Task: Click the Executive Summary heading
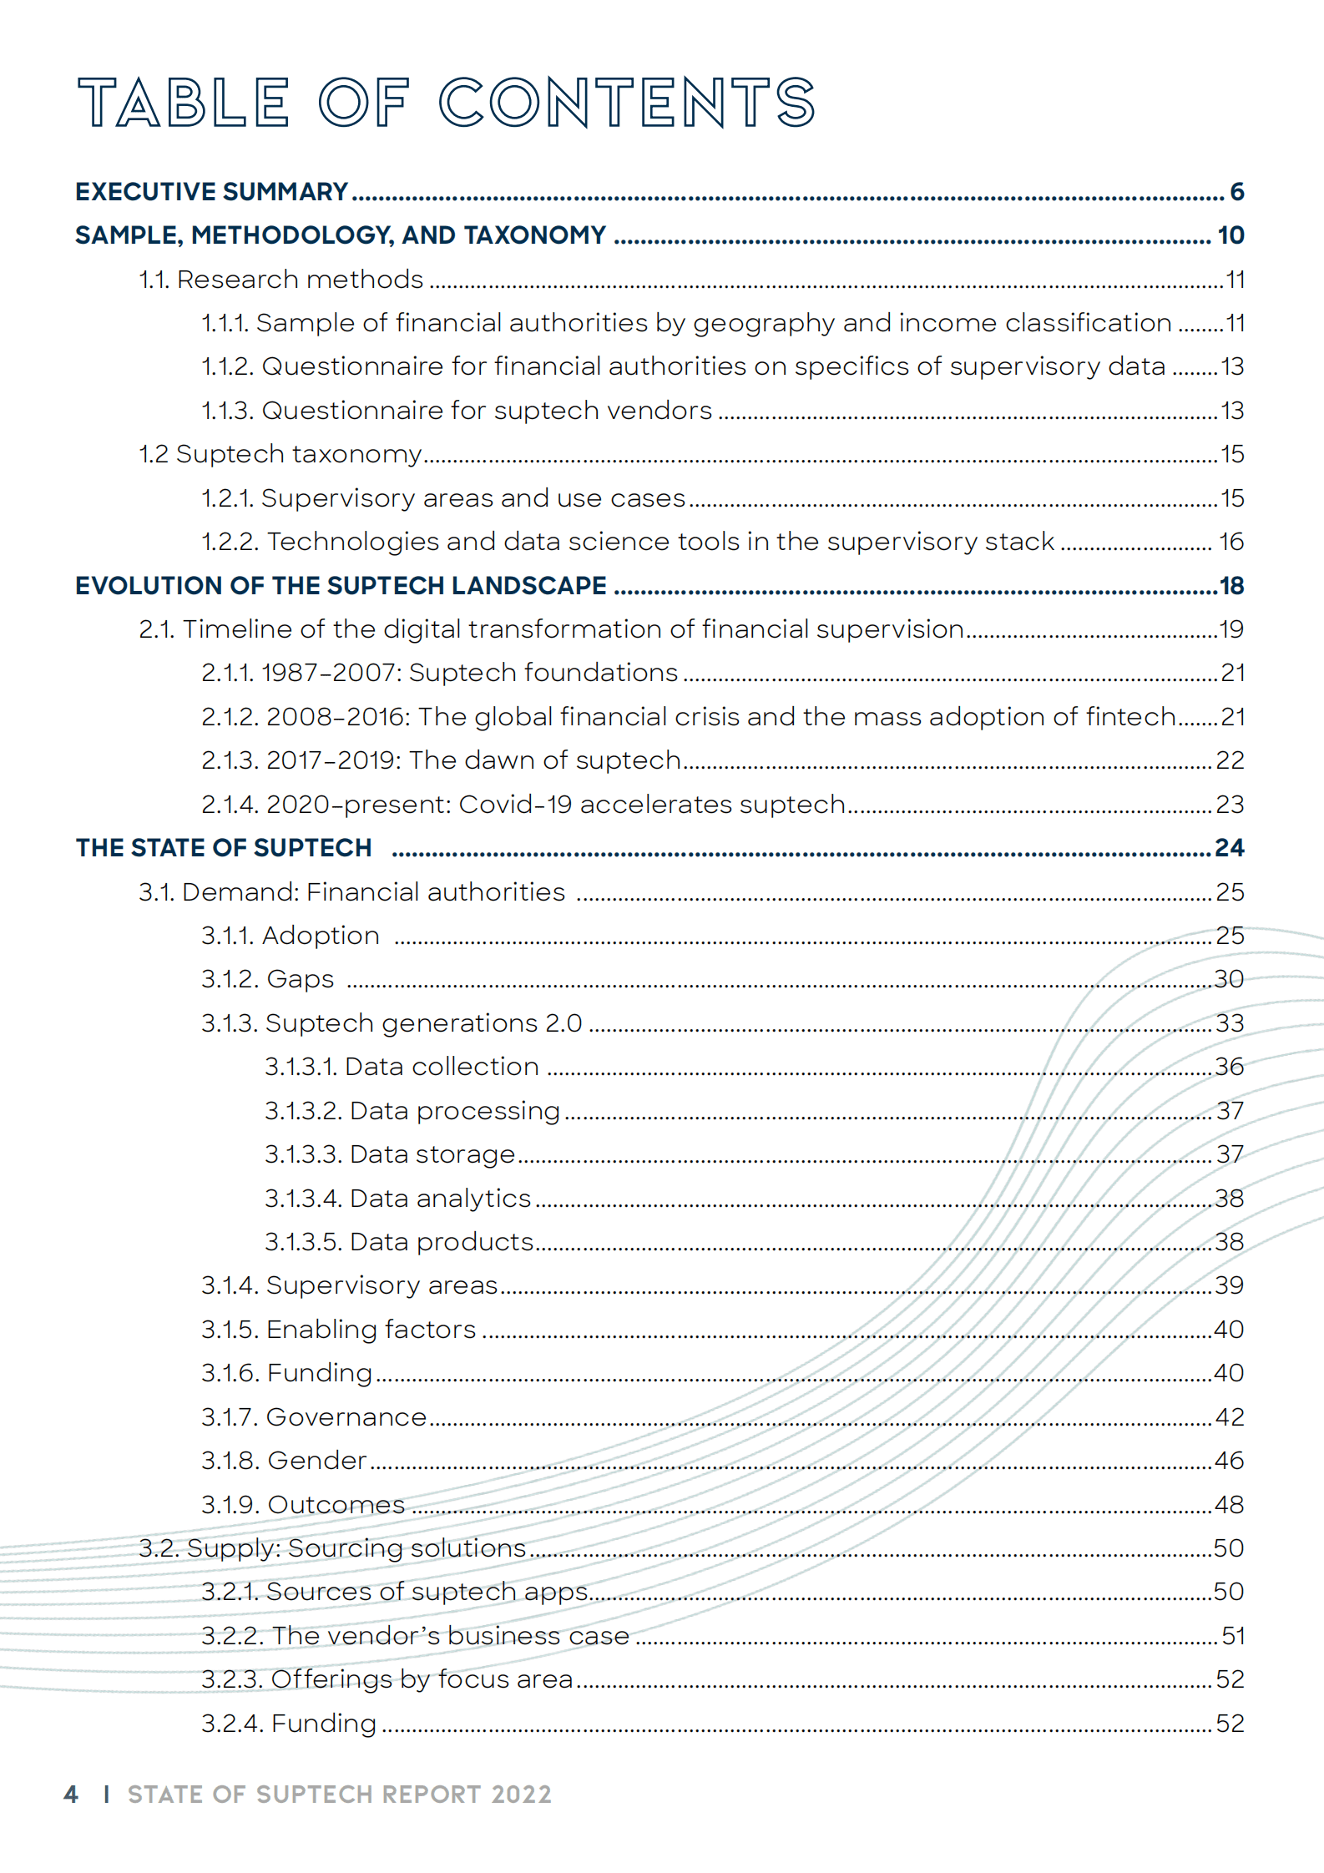click(x=211, y=192)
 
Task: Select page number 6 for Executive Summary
click(x=1236, y=192)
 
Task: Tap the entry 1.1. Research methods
click(x=281, y=280)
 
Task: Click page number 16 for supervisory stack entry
click(x=1231, y=542)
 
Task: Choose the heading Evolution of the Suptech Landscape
click(x=341, y=586)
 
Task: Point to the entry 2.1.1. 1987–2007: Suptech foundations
click(x=440, y=673)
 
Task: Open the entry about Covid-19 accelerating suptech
click(x=523, y=805)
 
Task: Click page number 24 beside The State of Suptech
click(x=1229, y=848)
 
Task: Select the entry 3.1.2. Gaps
click(x=267, y=979)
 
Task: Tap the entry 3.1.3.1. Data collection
click(x=402, y=1067)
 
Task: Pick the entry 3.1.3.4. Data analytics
click(x=397, y=1199)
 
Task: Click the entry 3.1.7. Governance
click(x=314, y=1417)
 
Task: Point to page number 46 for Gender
click(x=1229, y=1461)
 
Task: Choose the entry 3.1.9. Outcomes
click(x=303, y=1505)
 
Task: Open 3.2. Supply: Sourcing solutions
click(x=332, y=1548)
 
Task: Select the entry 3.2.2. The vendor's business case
click(x=415, y=1636)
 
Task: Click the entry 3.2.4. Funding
click(x=289, y=1724)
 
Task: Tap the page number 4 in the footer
click(x=71, y=1795)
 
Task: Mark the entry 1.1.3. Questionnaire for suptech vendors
click(x=457, y=411)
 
